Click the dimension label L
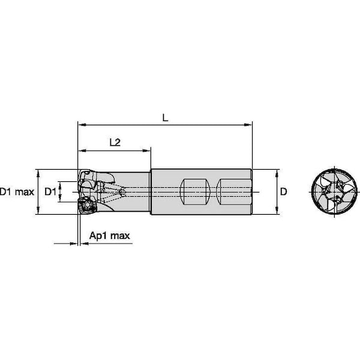coord(166,118)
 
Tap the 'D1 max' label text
coord(17,192)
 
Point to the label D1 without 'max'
coord(51,192)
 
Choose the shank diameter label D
coord(284,192)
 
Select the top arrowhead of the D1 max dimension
coord(38,172)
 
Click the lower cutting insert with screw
coord(86,205)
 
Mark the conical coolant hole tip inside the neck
coord(123,192)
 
